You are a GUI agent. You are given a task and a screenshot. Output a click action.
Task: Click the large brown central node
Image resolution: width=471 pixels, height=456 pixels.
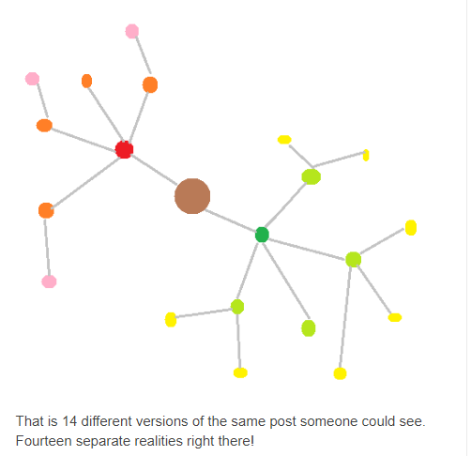[x=192, y=196]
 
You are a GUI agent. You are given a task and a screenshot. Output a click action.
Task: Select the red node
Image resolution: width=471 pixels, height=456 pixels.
[x=124, y=149]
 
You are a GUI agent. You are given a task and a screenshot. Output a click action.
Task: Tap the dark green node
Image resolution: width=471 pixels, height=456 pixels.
[x=262, y=235]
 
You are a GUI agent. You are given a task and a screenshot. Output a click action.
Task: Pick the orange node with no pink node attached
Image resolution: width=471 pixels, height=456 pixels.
[x=86, y=81]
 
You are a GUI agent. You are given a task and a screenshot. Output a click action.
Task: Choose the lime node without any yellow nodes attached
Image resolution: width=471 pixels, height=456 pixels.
[x=309, y=328]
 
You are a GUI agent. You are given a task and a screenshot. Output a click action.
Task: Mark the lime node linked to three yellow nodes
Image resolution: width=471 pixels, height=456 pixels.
[x=354, y=259]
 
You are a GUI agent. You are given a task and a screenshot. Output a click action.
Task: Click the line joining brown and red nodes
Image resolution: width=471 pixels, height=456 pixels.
[x=154, y=169]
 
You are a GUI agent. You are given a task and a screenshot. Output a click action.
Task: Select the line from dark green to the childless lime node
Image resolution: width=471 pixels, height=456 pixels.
[x=286, y=281]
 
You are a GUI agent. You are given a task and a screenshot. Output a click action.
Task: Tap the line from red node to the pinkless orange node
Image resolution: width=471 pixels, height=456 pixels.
[x=106, y=114]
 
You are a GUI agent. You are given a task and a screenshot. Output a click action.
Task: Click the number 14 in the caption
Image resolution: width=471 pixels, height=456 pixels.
[x=69, y=421]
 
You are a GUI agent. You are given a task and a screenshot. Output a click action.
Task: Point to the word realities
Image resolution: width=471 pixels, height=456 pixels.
[x=159, y=441]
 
